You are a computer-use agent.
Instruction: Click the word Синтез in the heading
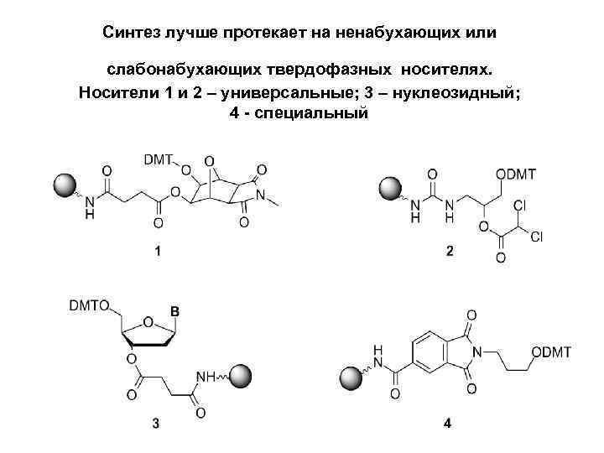click(x=131, y=33)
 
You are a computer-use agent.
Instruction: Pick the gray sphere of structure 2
click(x=390, y=189)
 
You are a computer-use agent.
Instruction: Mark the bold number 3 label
click(x=156, y=423)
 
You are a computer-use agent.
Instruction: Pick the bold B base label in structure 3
click(x=174, y=311)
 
